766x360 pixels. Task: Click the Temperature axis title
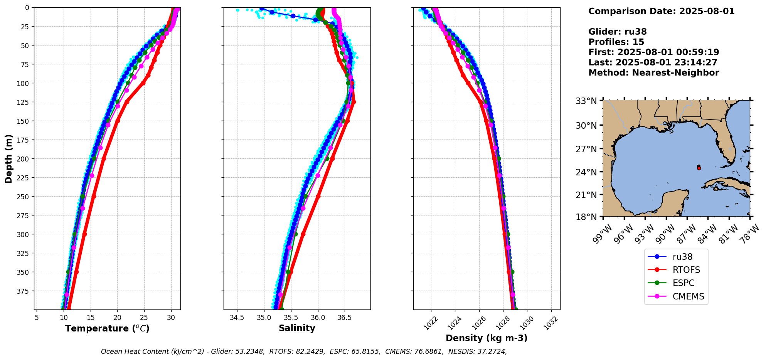coord(107,328)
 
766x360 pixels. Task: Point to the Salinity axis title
coord(297,328)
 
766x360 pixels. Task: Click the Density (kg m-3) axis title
coord(487,338)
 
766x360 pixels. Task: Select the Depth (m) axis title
coord(9,158)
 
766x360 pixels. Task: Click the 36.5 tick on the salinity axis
coord(344,318)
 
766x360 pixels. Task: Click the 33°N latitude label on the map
coord(586,101)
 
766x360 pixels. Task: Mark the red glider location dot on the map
coord(699,168)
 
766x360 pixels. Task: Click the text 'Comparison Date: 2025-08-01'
coord(661,11)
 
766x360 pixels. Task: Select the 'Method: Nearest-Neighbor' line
coord(653,73)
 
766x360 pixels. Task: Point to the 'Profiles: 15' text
coord(616,42)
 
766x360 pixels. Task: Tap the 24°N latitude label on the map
coord(586,172)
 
